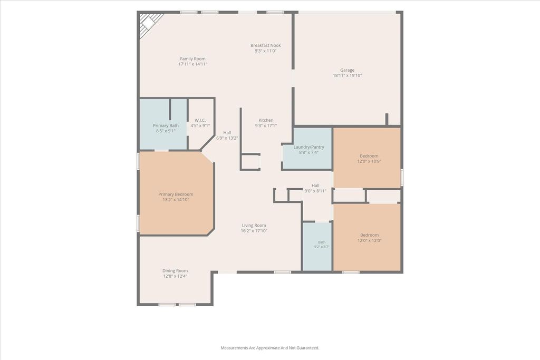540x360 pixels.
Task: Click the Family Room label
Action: pyautogui.click(x=192, y=61)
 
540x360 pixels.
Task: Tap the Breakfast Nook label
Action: pyautogui.click(x=266, y=48)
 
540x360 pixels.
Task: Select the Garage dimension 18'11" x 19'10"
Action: pyautogui.click(x=347, y=75)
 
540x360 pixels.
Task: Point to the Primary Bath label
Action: pyautogui.click(x=166, y=128)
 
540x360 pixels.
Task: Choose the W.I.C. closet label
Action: pyautogui.click(x=200, y=123)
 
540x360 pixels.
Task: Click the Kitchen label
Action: pyautogui.click(x=266, y=122)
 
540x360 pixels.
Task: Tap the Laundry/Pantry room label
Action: pyautogui.click(x=308, y=149)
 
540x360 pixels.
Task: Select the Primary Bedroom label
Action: pyautogui.click(x=176, y=197)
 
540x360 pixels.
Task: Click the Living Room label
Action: pyautogui.click(x=254, y=228)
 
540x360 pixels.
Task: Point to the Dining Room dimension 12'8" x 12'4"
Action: pyautogui.click(x=175, y=276)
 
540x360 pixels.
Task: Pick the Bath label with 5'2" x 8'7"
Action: pyautogui.click(x=322, y=245)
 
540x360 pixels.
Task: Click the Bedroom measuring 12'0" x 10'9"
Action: pyautogui.click(x=369, y=158)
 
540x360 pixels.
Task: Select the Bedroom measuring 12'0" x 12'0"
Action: pyautogui.click(x=369, y=238)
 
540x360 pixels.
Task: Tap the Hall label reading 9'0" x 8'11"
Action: pyautogui.click(x=315, y=188)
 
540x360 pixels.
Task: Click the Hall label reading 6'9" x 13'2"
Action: pyautogui.click(x=227, y=135)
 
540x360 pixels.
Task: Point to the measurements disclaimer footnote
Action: pyautogui.click(x=269, y=348)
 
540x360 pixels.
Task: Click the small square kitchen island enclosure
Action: pyautogui.click(x=250, y=162)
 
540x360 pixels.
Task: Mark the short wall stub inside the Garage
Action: pyautogui.click(x=387, y=119)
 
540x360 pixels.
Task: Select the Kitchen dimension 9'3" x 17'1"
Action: pyautogui.click(x=266, y=125)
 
